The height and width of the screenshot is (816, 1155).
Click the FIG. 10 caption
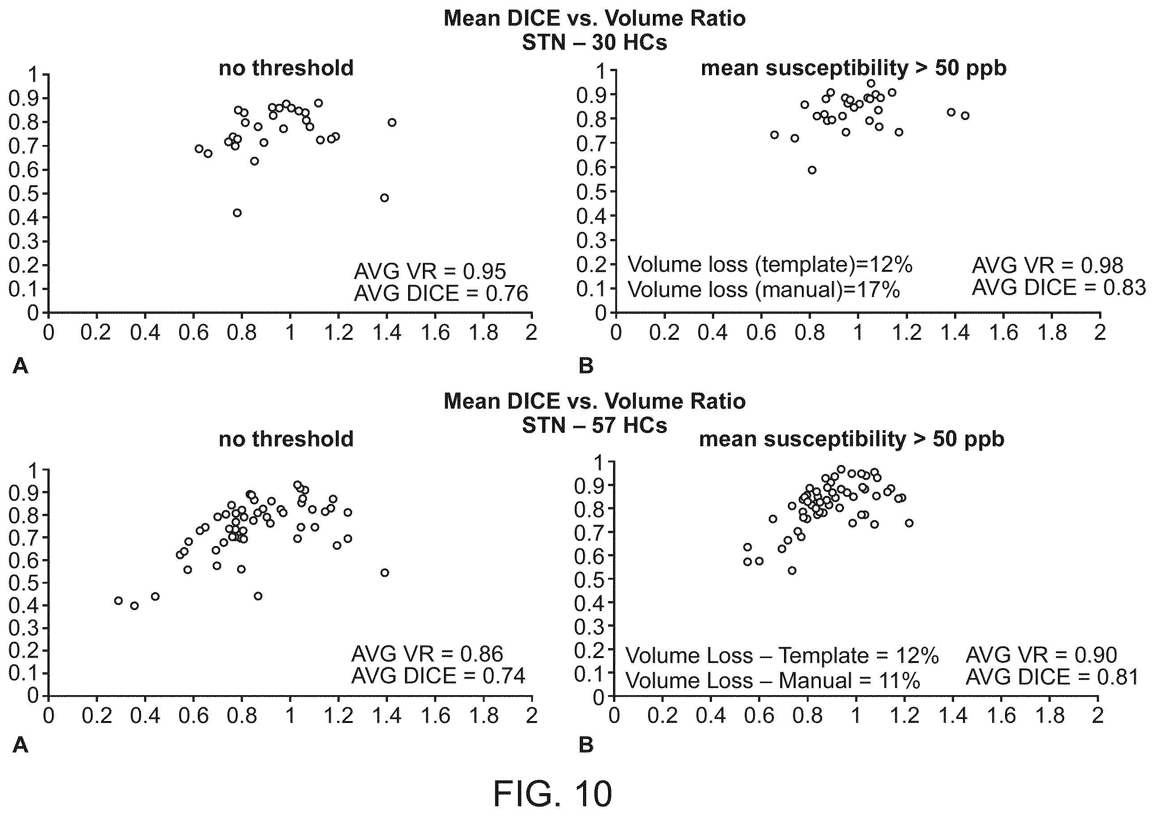click(x=552, y=793)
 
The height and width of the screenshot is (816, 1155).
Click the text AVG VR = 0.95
click(x=430, y=271)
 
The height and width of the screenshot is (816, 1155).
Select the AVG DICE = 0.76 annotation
click(x=441, y=293)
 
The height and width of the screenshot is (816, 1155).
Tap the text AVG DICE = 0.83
click(x=1058, y=287)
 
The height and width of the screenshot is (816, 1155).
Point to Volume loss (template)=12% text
click(x=770, y=265)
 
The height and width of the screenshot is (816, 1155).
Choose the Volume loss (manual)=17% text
click(x=763, y=290)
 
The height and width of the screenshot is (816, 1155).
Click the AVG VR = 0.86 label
click(x=427, y=654)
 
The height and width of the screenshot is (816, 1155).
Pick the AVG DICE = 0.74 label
click(x=438, y=675)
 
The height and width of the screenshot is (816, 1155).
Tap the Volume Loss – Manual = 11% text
click(x=773, y=681)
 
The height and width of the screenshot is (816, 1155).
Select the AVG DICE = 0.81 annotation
click(x=1053, y=677)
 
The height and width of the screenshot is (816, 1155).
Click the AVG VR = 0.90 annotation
click(x=1041, y=655)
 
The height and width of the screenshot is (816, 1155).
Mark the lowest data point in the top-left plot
click(x=237, y=213)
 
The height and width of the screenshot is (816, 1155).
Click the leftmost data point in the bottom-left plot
click(x=118, y=601)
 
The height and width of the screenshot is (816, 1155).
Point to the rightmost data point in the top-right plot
click(x=965, y=116)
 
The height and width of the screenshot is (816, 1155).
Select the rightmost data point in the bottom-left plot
click(x=385, y=572)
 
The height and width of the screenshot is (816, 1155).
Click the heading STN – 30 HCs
click(x=595, y=42)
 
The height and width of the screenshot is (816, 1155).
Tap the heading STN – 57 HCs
click(x=595, y=426)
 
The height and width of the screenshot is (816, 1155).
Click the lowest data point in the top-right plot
click(x=812, y=170)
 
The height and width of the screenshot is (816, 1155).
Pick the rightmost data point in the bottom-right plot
click(x=909, y=523)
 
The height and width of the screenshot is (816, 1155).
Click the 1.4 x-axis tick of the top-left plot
click(x=387, y=333)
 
